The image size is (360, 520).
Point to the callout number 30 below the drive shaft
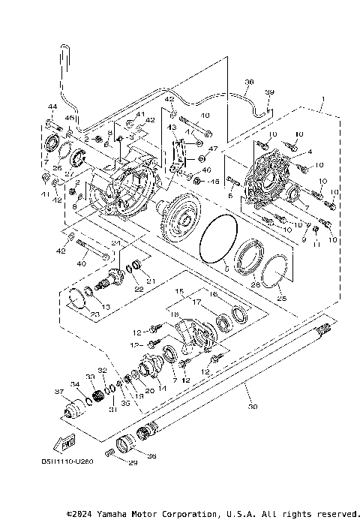click(x=251, y=407)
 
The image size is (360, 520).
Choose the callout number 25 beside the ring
click(x=282, y=298)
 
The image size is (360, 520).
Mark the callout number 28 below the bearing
click(x=254, y=284)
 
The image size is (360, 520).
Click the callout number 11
click(x=316, y=245)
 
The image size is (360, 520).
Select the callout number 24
click(x=116, y=242)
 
